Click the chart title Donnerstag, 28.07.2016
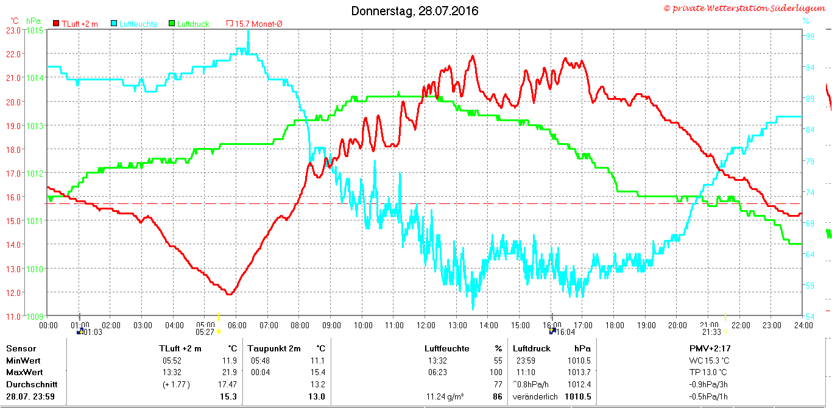click(415, 11)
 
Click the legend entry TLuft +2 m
click(76, 24)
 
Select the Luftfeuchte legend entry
click(135, 24)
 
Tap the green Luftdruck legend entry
click(189, 24)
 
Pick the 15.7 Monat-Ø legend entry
click(255, 24)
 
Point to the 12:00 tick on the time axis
click(426, 326)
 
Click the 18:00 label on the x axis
click(615, 326)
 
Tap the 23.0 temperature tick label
click(13, 31)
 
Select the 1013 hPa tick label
click(35, 126)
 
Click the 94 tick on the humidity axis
click(809, 68)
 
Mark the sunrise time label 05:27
click(205, 332)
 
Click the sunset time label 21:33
click(711, 332)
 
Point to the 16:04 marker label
click(565, 332)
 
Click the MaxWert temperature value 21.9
click(230, 372)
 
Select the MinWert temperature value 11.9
click(230, 361)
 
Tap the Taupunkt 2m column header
click(274, 348)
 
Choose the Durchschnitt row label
click(32, 385)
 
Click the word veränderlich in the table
click(535, 396)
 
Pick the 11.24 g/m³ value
click(445, 396)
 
